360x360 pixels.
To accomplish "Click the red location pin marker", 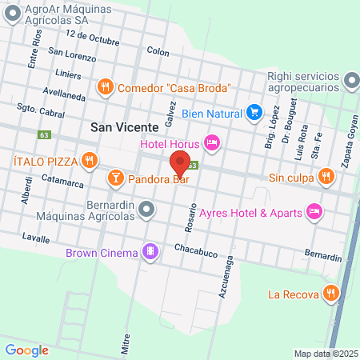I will coord(178,163).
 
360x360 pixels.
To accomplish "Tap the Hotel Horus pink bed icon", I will coord(211,143).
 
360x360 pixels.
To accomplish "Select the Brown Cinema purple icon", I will coord(149,252).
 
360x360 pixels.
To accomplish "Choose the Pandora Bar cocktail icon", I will coord(115,177).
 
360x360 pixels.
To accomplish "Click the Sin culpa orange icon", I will coord(325,176).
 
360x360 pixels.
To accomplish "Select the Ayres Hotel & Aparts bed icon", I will coord(314,210).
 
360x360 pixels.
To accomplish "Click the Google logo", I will coord(27,350).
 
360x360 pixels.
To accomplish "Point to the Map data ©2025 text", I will coord(325,354).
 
